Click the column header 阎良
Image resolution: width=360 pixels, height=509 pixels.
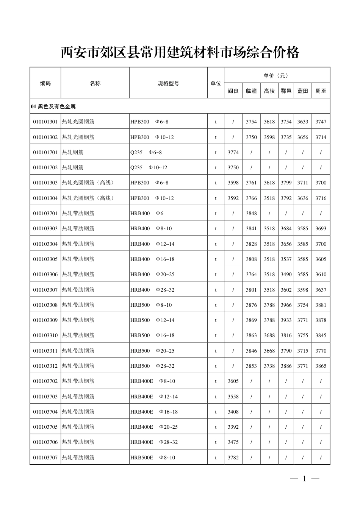tap(233, 91)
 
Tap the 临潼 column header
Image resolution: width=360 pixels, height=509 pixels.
tap(251, 91)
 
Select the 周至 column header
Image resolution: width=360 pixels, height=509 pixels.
tap(321, 91)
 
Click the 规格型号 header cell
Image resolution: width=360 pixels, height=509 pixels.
tap(168, 83)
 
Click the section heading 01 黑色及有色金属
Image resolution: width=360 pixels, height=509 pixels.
tap(53, 106)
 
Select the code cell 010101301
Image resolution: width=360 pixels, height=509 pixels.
tap(45, 122)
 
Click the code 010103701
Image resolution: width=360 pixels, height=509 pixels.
tap(45, 213)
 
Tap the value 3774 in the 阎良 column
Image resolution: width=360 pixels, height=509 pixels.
tap(233, 152)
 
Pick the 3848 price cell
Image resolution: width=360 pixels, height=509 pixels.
tap(251, 213)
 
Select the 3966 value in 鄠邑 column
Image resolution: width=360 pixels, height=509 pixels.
tap(286, 305)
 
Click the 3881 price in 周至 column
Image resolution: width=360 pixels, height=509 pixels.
tap(321, 305)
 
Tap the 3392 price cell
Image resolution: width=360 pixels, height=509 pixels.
tap(233, 427)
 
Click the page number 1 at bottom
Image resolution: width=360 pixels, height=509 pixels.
tap(304, 479)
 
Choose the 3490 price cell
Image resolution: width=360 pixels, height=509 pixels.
tap(286, 274)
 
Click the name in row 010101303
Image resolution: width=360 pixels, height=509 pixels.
tap(88, 183)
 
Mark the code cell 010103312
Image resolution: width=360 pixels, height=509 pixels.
tap(45, 366)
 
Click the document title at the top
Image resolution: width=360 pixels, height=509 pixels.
tap(180, 53)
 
